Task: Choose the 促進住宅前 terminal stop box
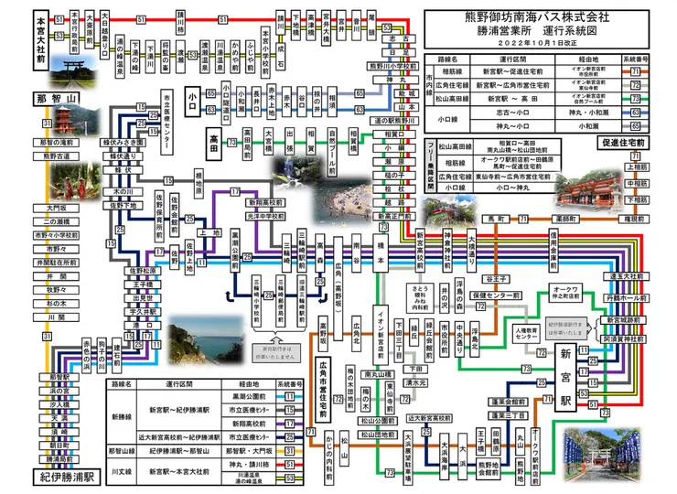point(625,143)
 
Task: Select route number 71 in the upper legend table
point(633,70)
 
